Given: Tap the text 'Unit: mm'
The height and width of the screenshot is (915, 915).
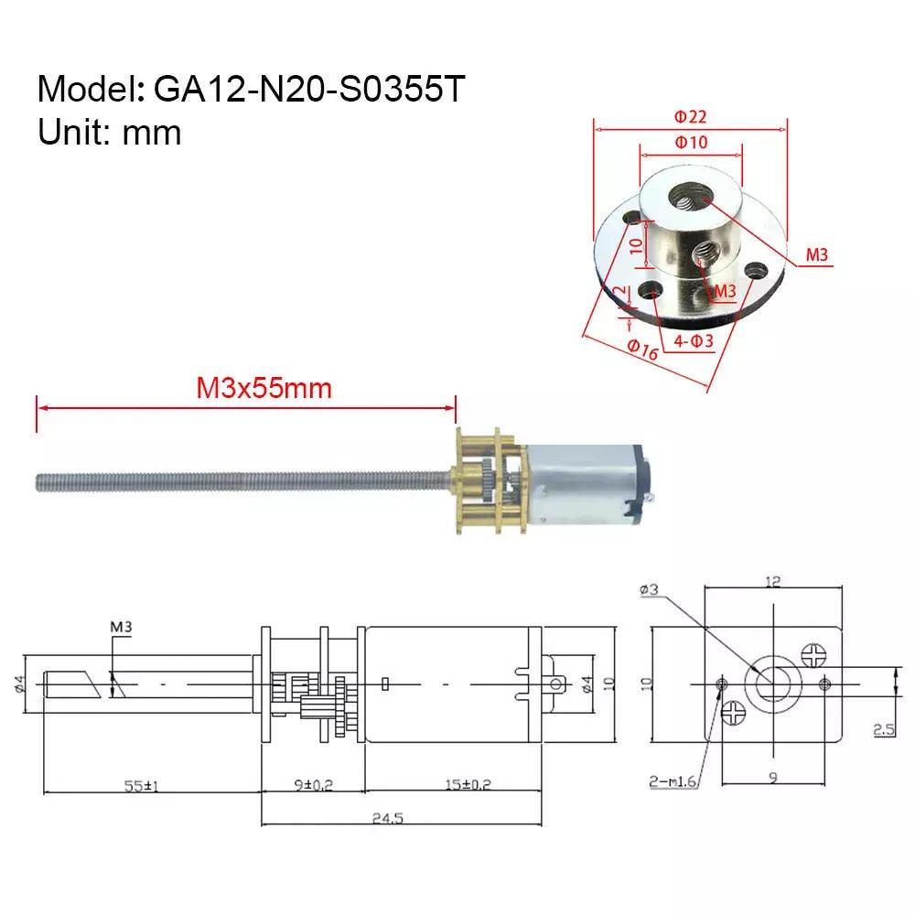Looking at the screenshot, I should (110, 133).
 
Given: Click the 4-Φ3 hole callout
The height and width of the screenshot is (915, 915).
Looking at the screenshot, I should (693, 341).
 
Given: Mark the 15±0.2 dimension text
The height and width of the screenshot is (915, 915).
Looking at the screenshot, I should (445, 786).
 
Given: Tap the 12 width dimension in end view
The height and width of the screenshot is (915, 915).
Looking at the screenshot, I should (774, 582).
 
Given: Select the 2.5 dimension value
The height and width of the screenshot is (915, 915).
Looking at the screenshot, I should (884, 729).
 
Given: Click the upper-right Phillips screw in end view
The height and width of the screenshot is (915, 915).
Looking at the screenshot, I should (813, 655).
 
